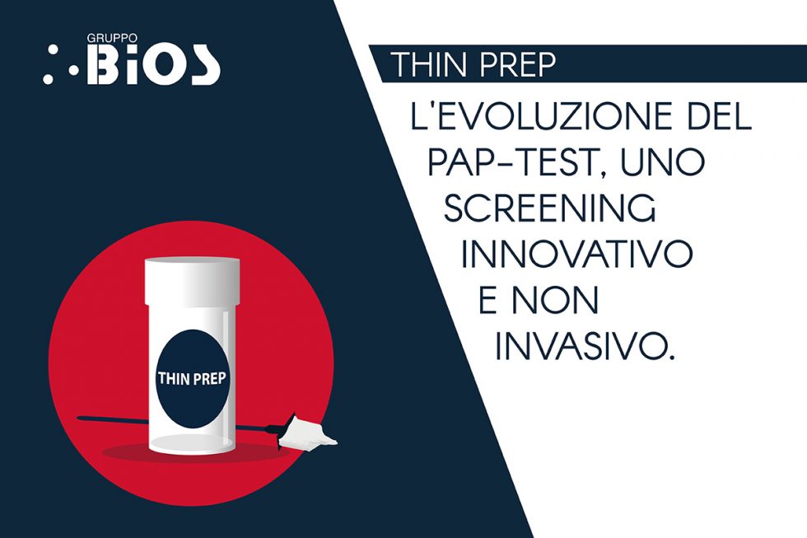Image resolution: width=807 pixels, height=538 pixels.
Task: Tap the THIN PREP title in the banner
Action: [473, 65]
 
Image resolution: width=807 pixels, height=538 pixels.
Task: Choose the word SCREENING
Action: [550, 209]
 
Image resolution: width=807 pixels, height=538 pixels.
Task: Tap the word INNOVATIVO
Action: [576, 255]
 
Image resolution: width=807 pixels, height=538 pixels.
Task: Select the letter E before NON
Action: [488, 302]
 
